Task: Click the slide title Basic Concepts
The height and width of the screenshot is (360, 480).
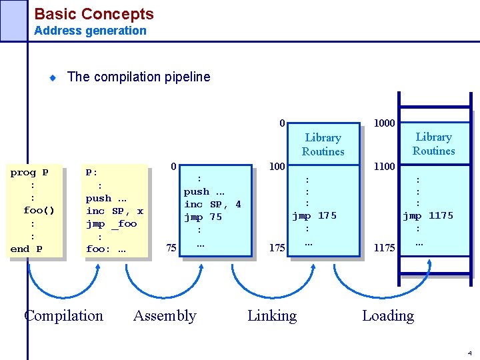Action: tap(93, 13)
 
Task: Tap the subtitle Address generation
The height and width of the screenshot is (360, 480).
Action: tap(90, 30)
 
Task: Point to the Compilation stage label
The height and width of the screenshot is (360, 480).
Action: tap(64, 315)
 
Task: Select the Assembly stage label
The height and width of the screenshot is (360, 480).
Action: tap(165, 315)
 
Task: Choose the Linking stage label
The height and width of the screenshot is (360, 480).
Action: tap(272, 315)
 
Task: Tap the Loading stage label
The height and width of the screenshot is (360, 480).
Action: tap(388, 315)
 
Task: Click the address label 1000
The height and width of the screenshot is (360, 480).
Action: tap(384, 123)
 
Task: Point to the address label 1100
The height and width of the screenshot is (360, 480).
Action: tap(384, 166)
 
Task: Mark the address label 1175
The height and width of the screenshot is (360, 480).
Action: tap(384, 248)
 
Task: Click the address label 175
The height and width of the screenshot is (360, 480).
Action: tap(277, 248)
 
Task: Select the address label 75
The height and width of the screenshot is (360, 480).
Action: tap(171, 248)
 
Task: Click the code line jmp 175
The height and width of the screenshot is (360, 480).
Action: tap(314, 215)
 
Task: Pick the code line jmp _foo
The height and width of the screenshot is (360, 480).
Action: tap(111, 223)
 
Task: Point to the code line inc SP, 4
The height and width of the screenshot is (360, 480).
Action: tap(213, 204)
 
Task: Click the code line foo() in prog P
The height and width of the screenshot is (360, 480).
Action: tap(39, 211)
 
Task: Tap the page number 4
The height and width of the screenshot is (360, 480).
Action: tap(469, 353)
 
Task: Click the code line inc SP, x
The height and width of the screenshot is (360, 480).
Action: tap(115, 211)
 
